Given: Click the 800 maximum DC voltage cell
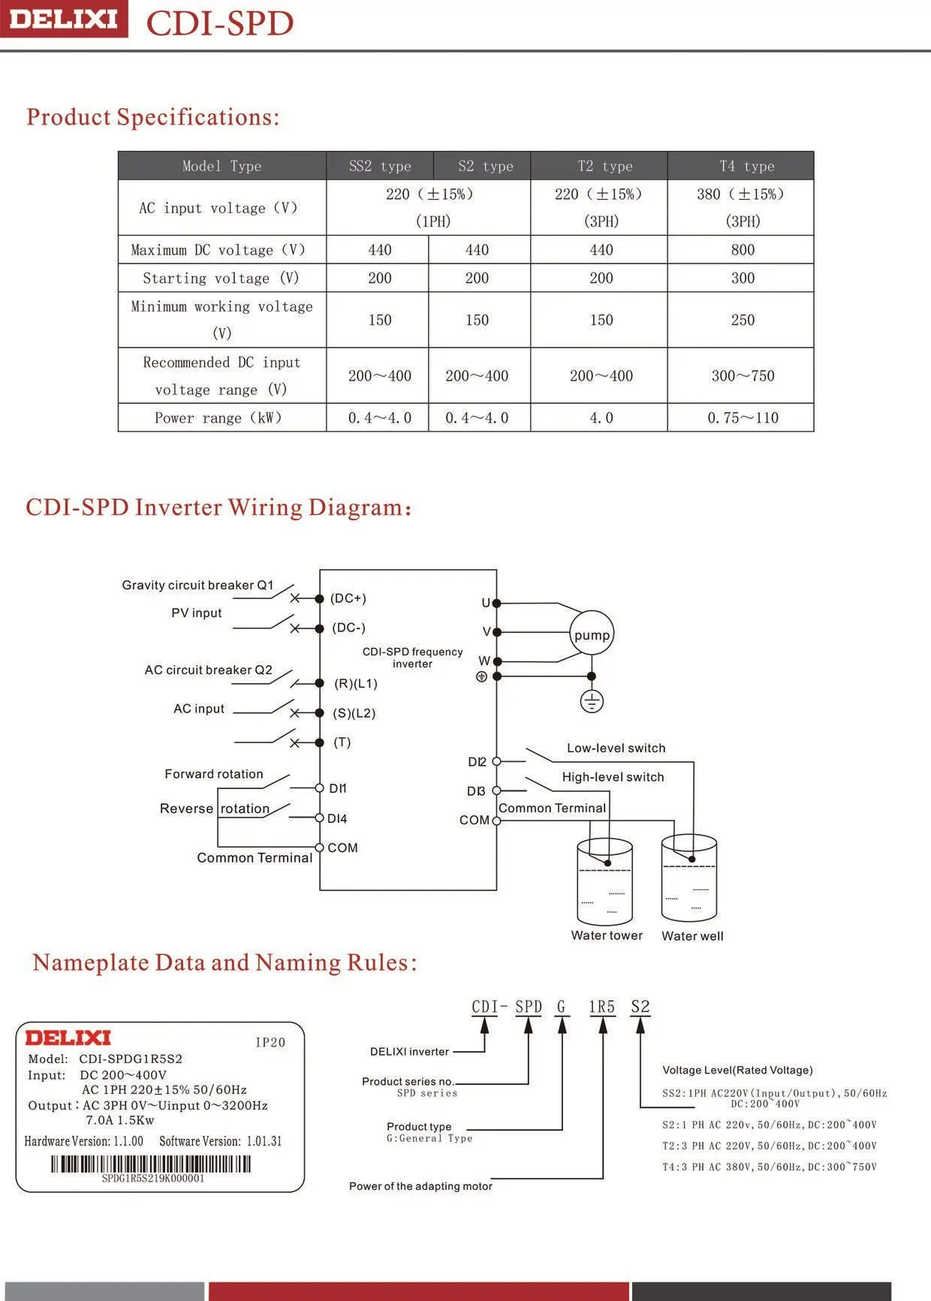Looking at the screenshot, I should pyautogui.click(x=743, y=250).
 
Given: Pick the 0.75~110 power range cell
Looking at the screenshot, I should pyautogui.click(x=743, y=418).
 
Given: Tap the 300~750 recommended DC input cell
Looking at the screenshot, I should pyautogui.click(x=743, y=376).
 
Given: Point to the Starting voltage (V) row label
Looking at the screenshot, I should pyautogui.click(x=221, y=279).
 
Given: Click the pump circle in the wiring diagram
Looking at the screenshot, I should pyautogui.click(x=592, y=634).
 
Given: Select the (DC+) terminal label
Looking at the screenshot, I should pyautogui.click(x=348, y=598).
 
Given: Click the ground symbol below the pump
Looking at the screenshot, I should pyautogui.click(x=592, y=702).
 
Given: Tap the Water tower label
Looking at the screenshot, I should pyautogui.click(x=607, y=935).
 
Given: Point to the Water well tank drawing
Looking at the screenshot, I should pyautogui.click(x=689, y=878).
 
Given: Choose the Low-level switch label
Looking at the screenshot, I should pyautogui.click(x=616, y=748).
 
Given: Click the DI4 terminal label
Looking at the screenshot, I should pyautogui.click(x=337, y=818).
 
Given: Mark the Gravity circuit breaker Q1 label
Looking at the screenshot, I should pyautogui.click(x=197, y=585).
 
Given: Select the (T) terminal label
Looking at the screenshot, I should pyautogui.click(x=342, y=742).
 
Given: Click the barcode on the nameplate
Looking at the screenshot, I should pyautogui.click(x=151, y=1164).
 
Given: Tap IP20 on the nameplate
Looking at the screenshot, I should pyautogui.click(x=270, y=1042).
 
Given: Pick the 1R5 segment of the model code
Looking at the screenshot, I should pyautogui.click(x=601, y=1007).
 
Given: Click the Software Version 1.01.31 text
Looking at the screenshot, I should pyautogui.click(x=221, y=1141).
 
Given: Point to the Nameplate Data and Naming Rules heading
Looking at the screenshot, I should pyautogui.click(x=224, y=962).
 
